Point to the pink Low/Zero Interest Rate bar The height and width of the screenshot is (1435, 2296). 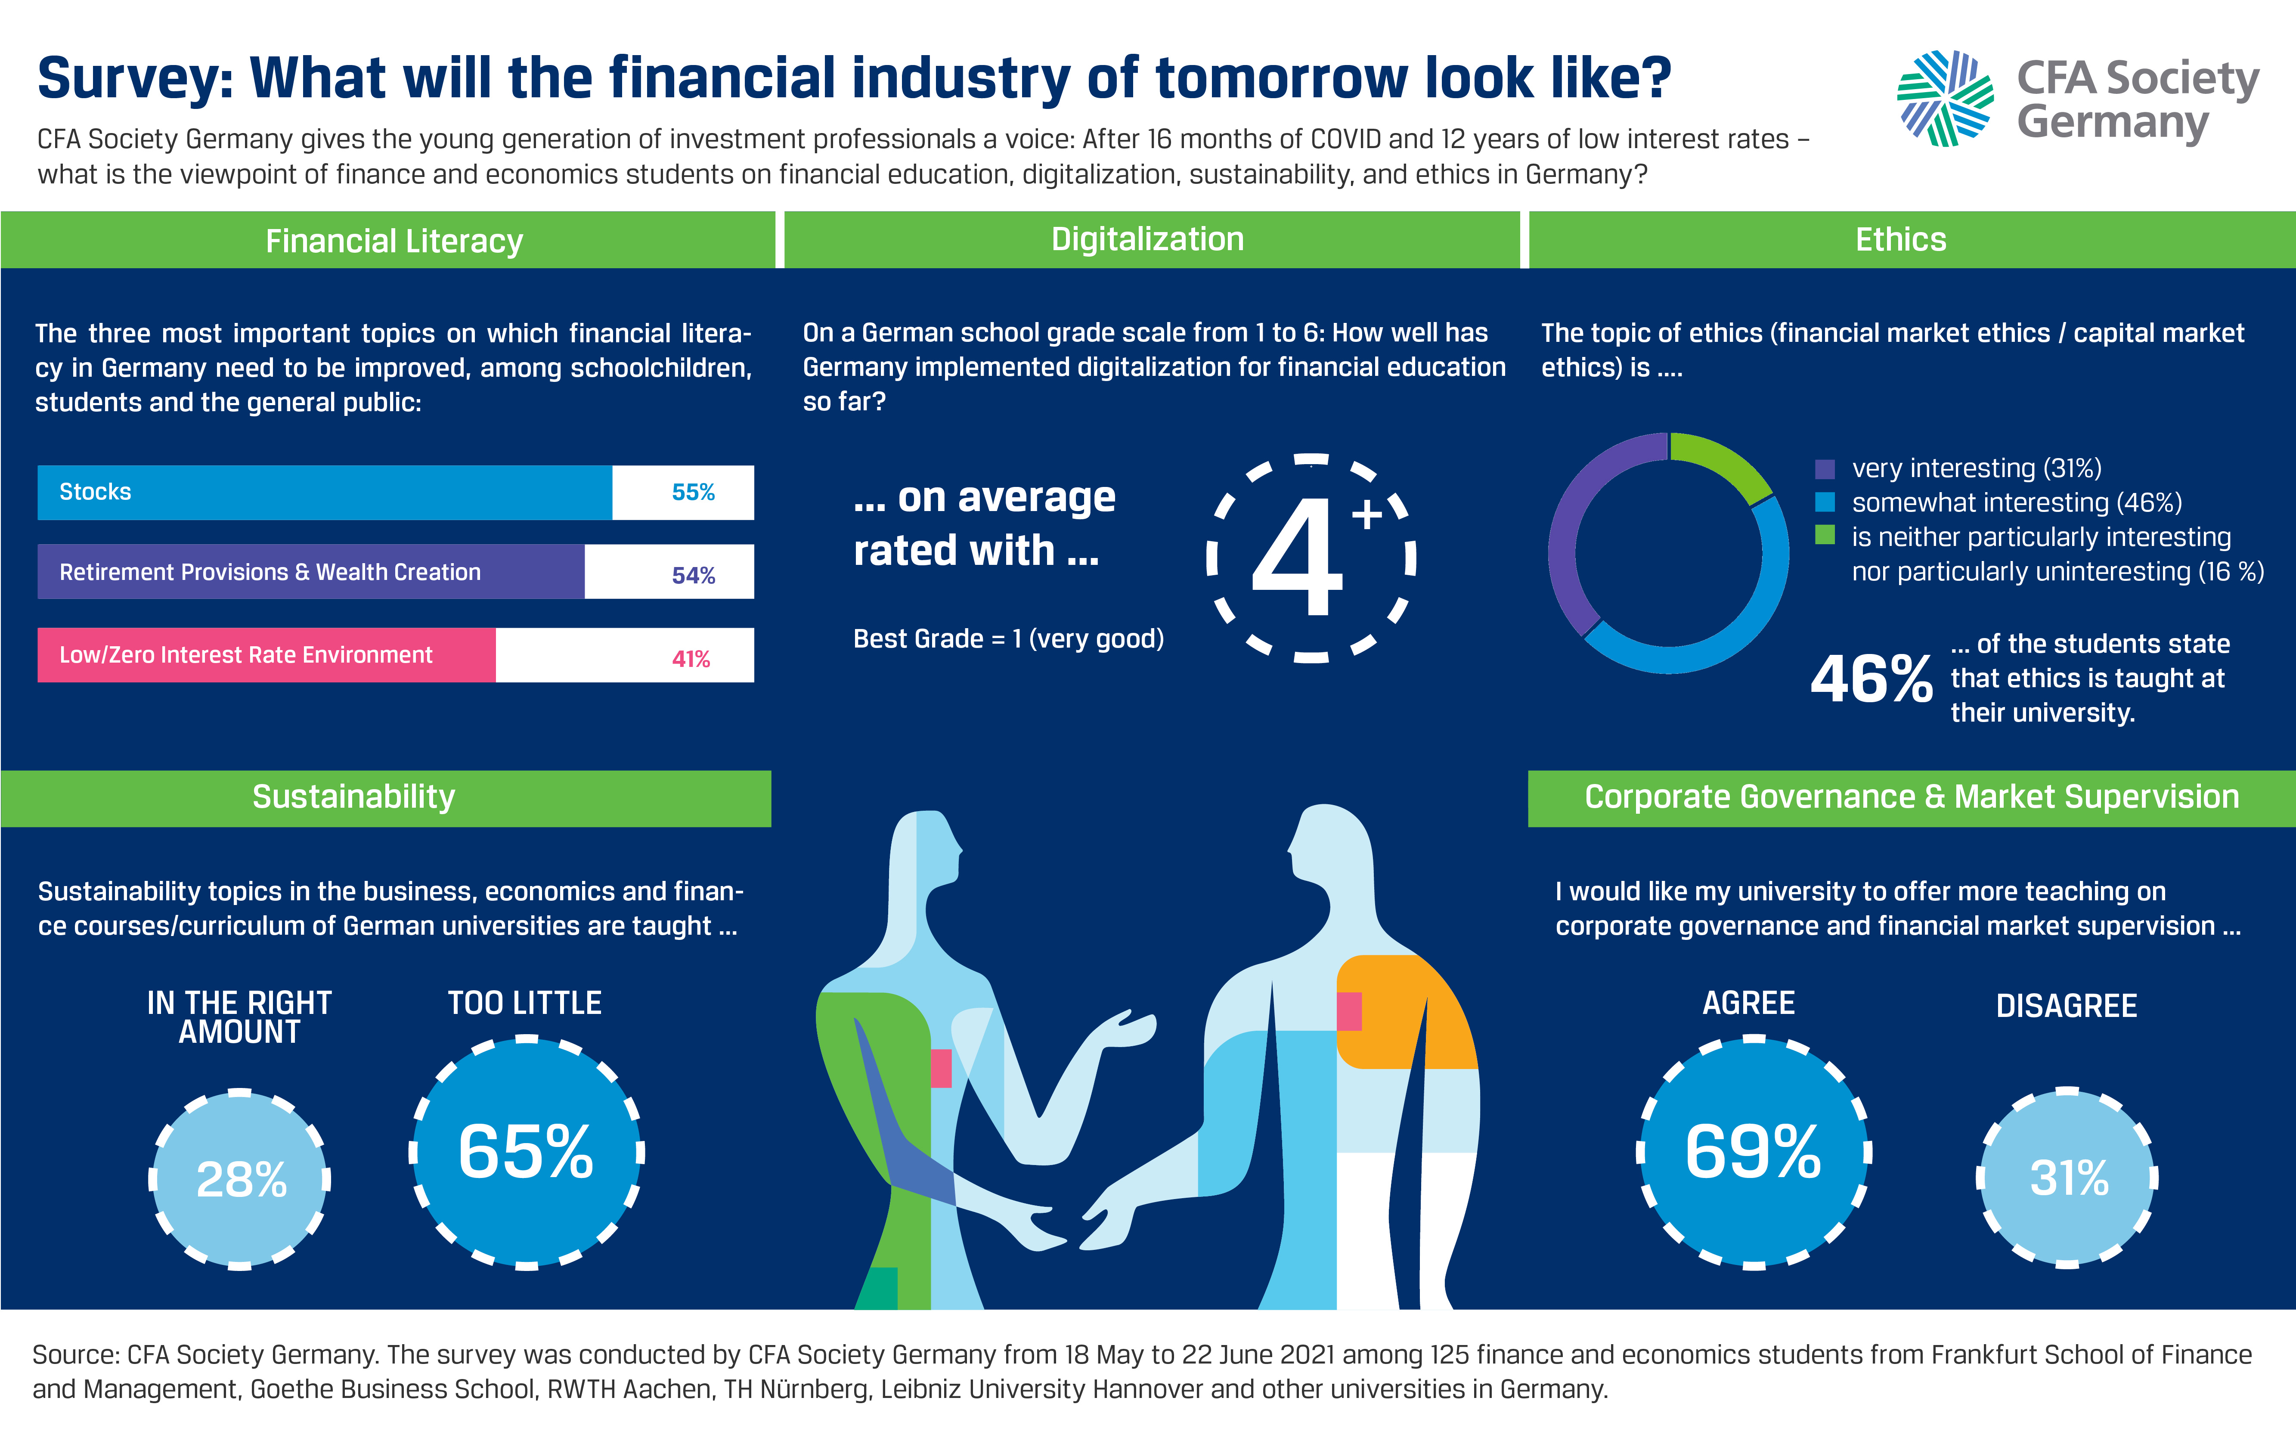(x=266, y=655)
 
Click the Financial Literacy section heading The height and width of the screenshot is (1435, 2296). (x=394, y=241)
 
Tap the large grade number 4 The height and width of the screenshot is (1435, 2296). (x=1298, y=560)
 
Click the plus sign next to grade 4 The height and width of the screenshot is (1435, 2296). (x=1367, y=515)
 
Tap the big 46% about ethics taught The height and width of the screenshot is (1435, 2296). (x=1871, y=679)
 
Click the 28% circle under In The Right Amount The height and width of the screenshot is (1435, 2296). (x=240, y=1179)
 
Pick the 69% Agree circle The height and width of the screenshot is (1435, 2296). (x=1753, y=1152)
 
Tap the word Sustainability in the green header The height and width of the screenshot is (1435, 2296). (x=354, y=797)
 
